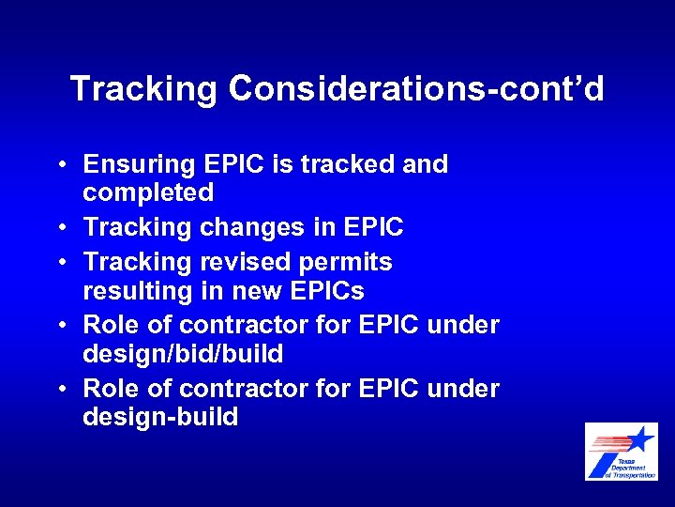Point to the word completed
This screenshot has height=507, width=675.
(x=148, y=192)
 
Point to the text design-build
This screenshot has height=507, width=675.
(x=160, y=417)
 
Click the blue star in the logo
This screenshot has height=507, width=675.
(x=640, y=439)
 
